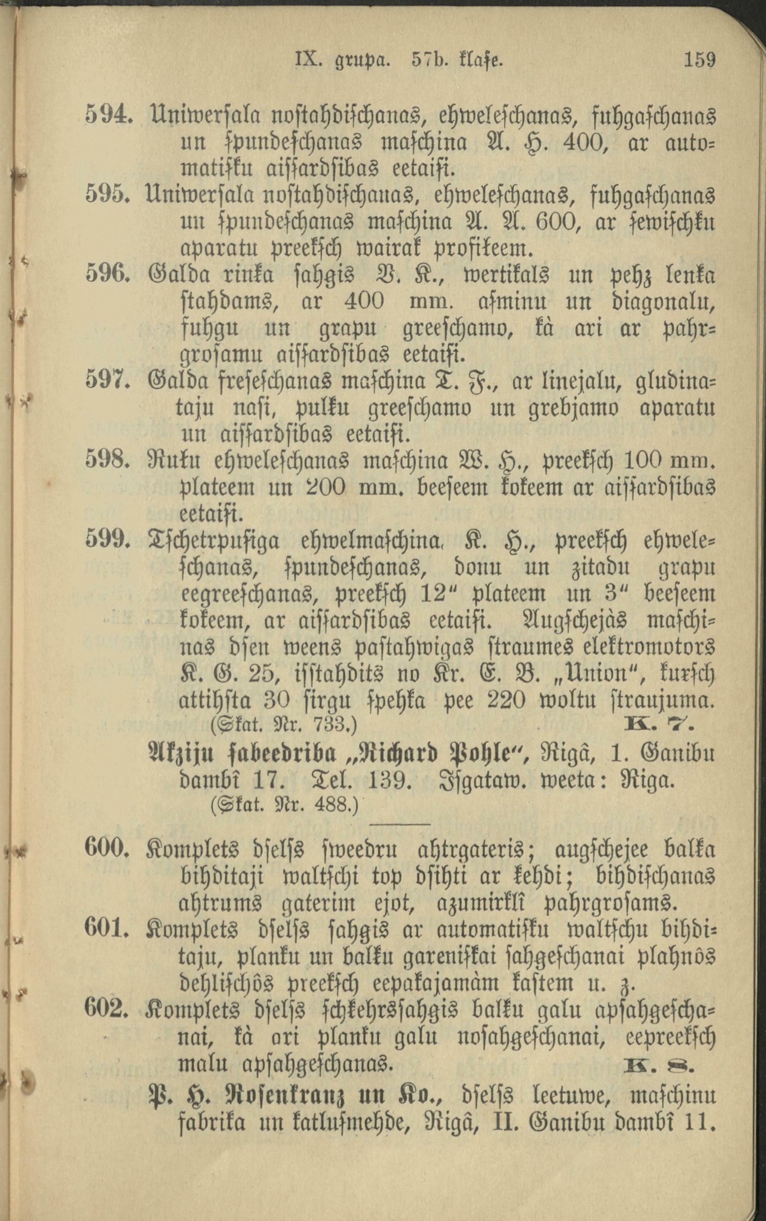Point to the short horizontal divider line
(x=400, y=825)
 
